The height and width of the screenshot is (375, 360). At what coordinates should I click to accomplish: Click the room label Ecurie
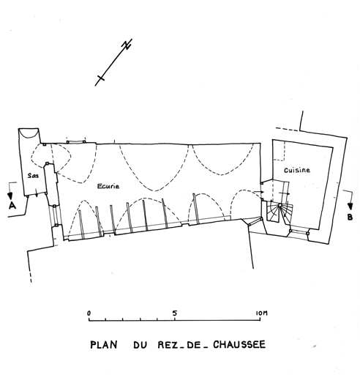pyautogui.click(x=108, y=186)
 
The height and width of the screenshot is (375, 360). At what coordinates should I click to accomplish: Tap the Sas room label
pyautogui.click(x=33, y=175)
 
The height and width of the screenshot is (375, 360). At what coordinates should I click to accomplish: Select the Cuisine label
pyautogui.click(x=297, y=170)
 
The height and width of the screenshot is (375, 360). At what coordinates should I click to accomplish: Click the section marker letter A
pyautogui.click(x=12, y=206)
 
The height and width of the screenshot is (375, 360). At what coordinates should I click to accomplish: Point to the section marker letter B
pyautogui.click(x=350, y=217)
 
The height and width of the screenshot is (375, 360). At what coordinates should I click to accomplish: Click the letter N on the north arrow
pyautogui.click(x=127, y=45)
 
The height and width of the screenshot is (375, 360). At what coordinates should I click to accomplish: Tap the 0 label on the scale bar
pyautogui.click(x=89, y=313)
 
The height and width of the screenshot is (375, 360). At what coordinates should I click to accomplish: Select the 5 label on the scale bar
pyautogui.click(x=174, y=313)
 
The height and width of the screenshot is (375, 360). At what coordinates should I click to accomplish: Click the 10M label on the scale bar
pyautogui.click(x=262, y=313)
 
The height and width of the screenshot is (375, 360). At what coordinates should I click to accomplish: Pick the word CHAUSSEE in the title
pyautogui.click(x=239, y=344)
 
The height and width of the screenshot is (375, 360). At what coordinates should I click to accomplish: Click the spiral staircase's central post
pyautogui.click(x=280, y=205)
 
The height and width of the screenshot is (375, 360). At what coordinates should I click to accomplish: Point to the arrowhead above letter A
pyautogui.click(x=10, y=196)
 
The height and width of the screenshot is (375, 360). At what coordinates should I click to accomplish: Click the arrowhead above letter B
pyautogui.click(x=350, y=207)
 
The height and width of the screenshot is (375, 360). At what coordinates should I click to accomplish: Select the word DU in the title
pyautogui.click(x=140, y=345)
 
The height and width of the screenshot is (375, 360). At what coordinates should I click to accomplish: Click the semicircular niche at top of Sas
pyautogui.click(x=29, y=134)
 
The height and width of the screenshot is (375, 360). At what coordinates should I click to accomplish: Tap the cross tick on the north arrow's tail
pyautogui.click(x=101, y=78)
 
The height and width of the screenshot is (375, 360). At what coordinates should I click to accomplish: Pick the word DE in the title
pyautogui.click(x=192, y=345)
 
